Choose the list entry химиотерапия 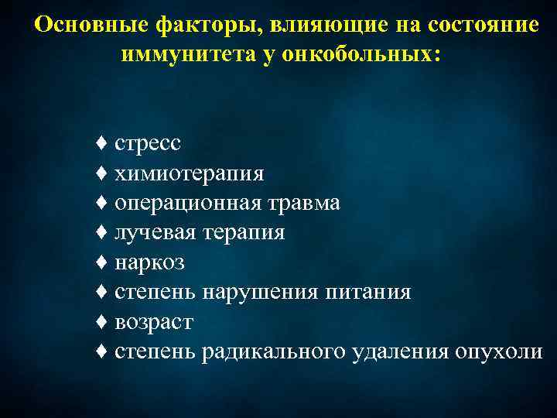pyautogui.click(x=190, y=173)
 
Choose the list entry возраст pyautogui.click(x=154, y=322)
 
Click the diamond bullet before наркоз pyautogui.click(x=101, y=262)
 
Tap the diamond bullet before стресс pyautogui.click(x=101, y=143)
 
